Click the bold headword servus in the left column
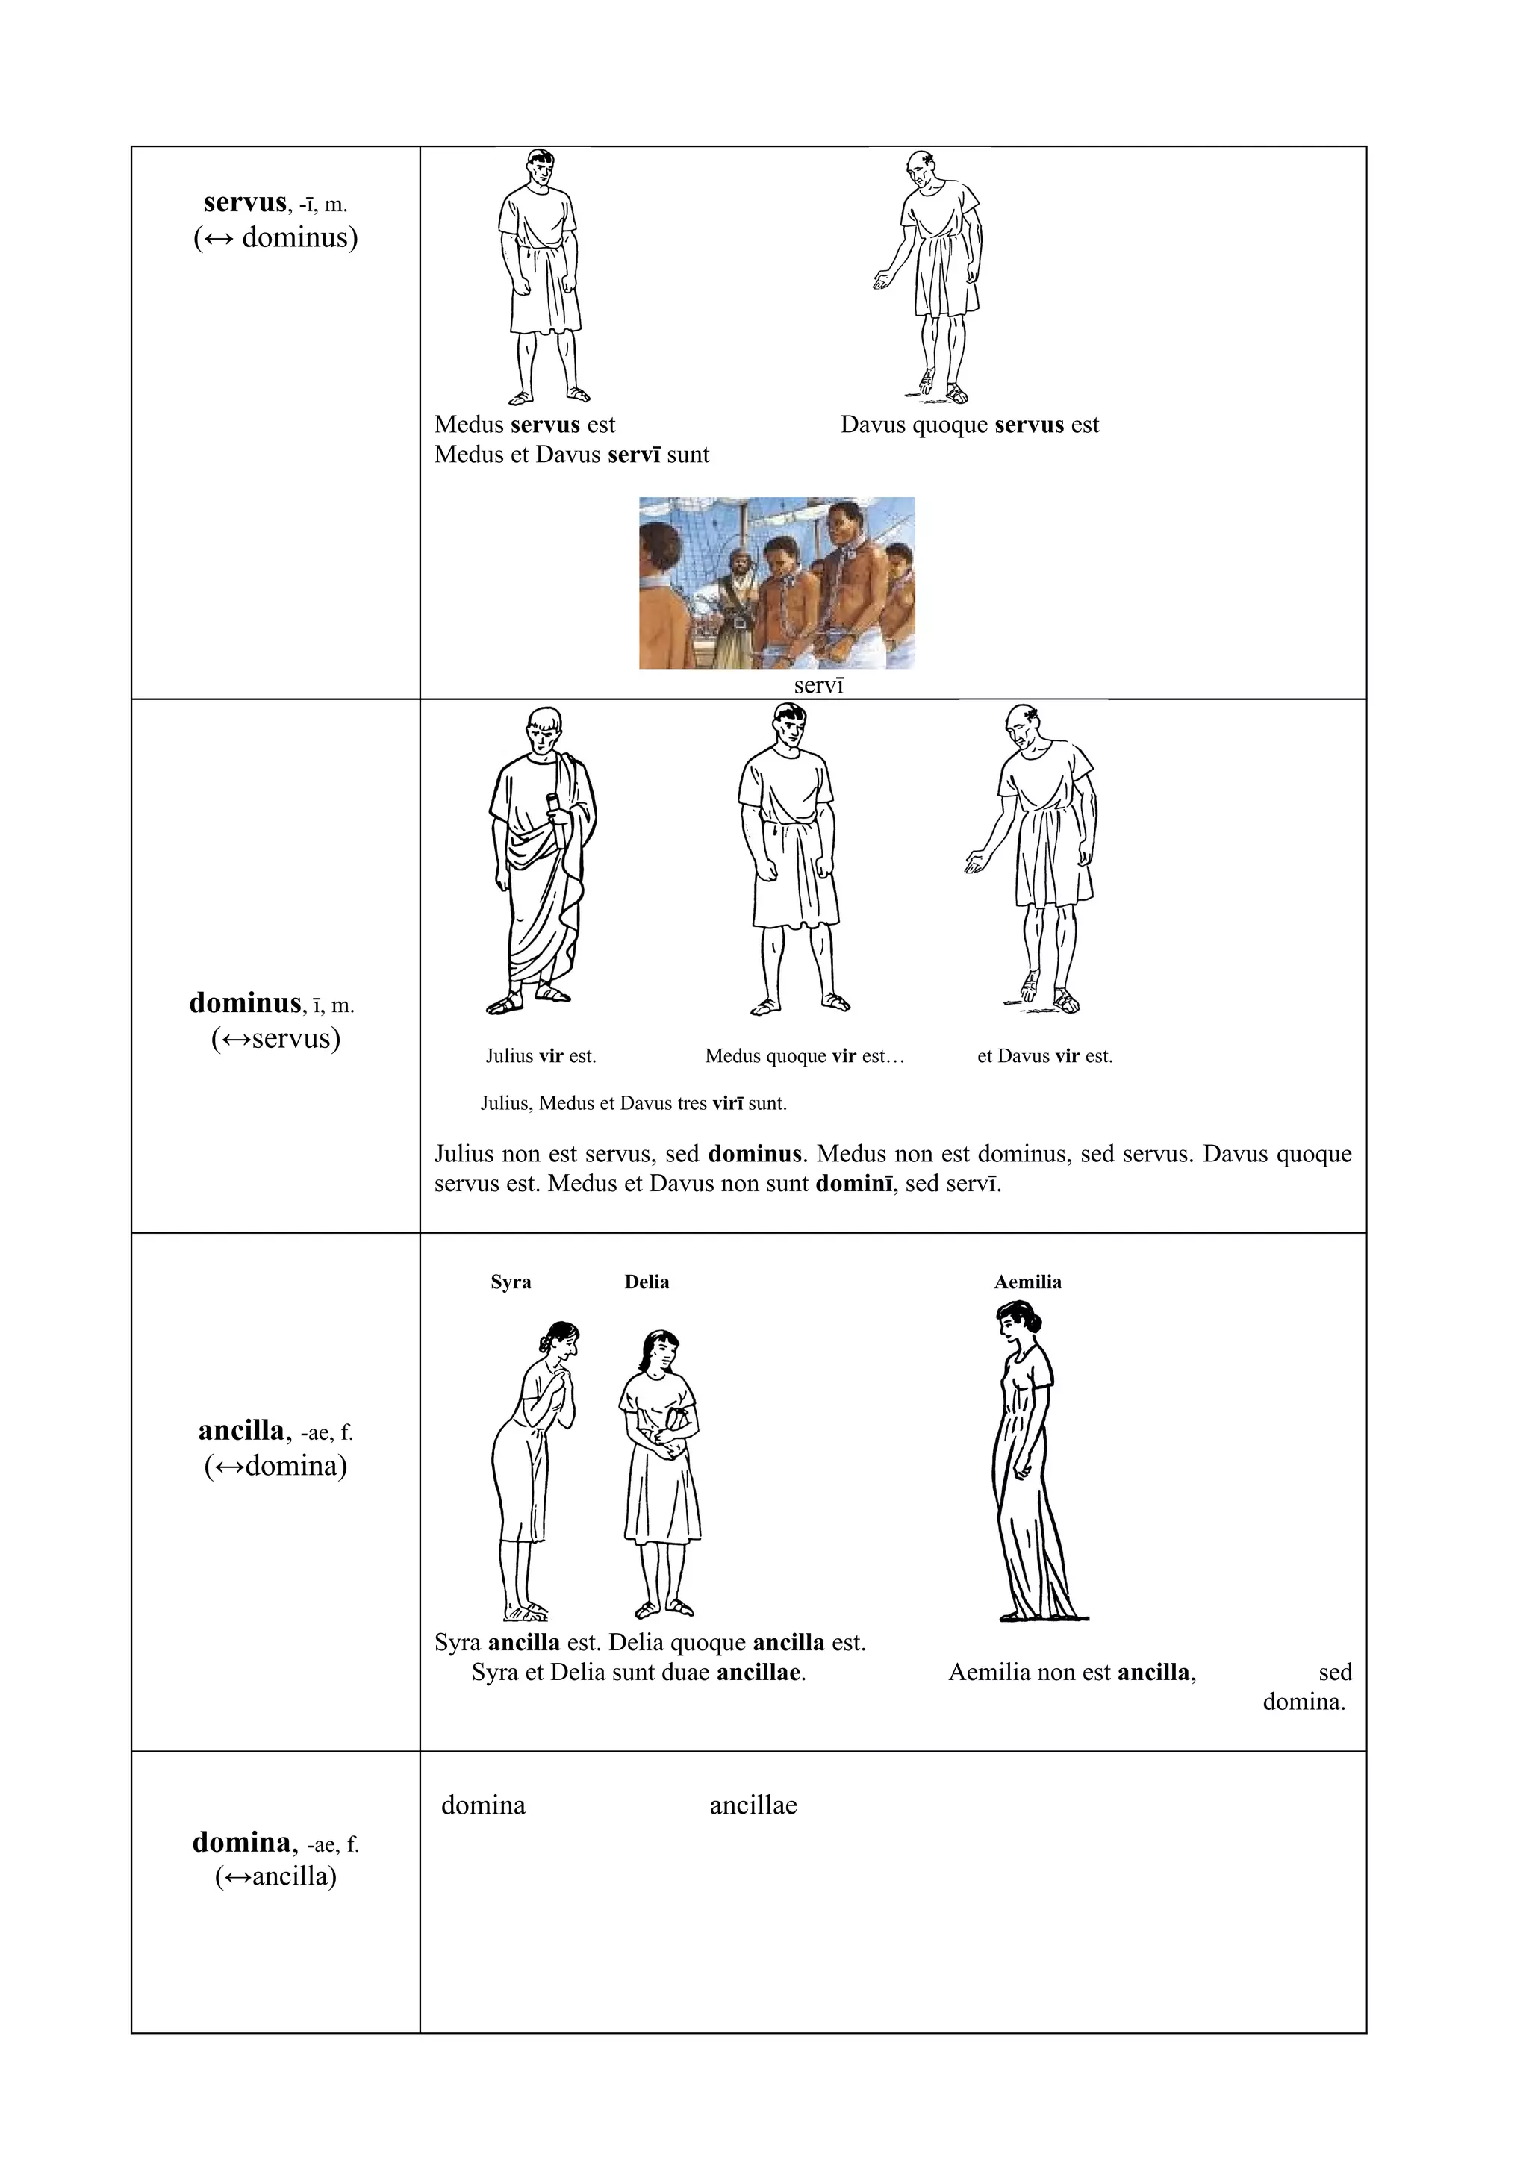245,202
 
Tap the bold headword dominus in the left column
245,1002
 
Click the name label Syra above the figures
511,1282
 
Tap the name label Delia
647,1282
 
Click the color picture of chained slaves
776,582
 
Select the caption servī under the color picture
819,685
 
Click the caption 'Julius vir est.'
541,1056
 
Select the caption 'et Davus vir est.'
1044,1056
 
